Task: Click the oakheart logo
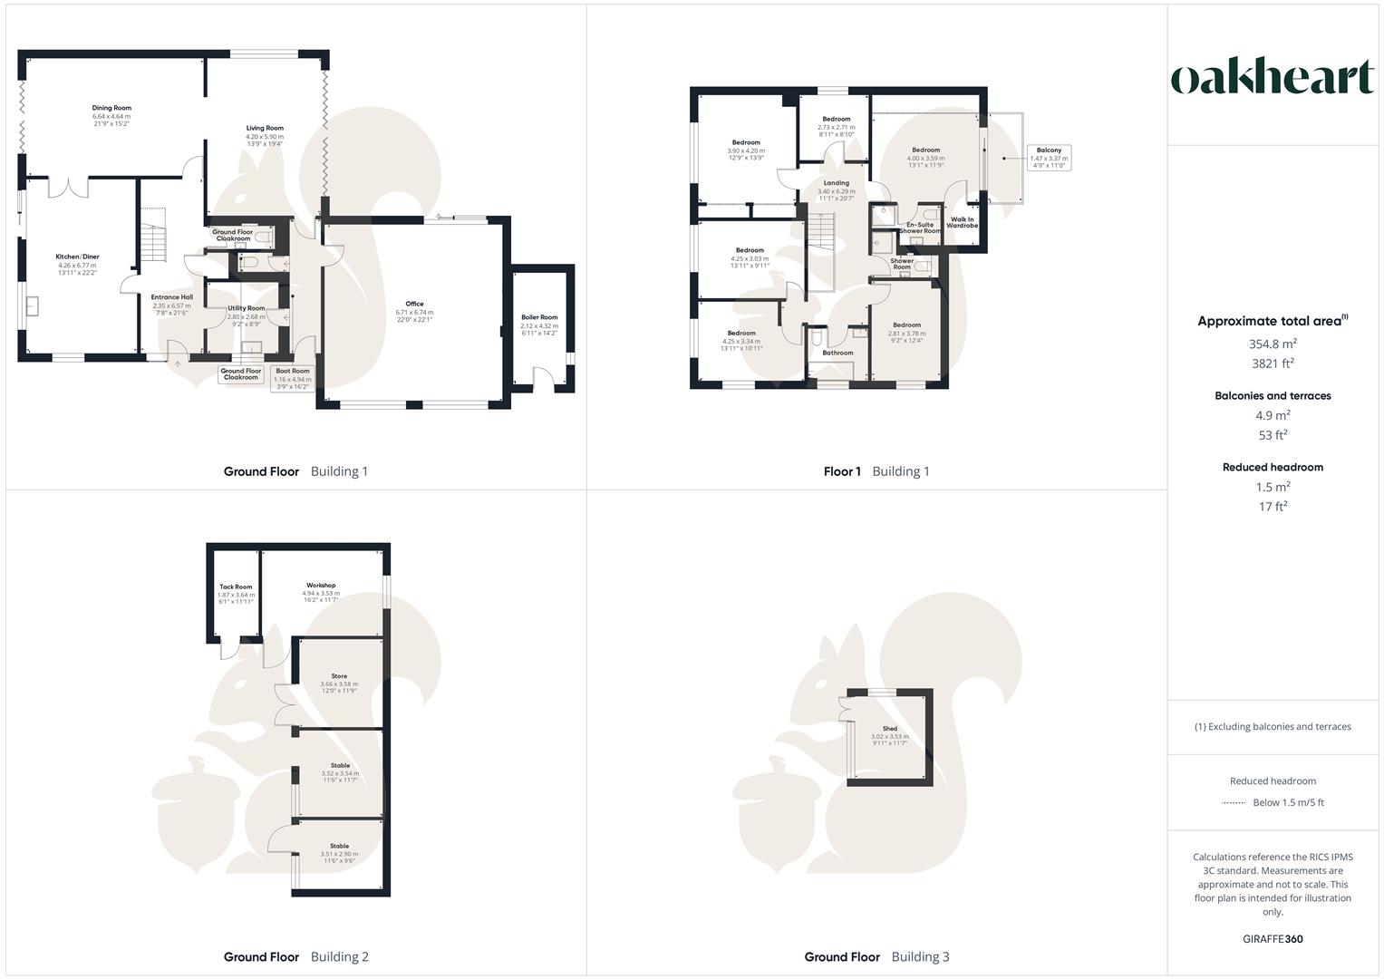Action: (1273, 78)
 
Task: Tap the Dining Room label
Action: (111, 108)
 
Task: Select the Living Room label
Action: (265, 129)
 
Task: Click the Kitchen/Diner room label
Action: (77, 257)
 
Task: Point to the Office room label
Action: (414, 305)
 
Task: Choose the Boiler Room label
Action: (539, 317)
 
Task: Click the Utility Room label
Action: (246, 309)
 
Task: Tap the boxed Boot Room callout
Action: (292, 378)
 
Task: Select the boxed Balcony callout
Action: (1049, 157)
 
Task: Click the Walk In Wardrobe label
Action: (962, 222)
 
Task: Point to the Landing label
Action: (836, 184)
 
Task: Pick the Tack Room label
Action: (236, 587)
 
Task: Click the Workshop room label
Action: (321, 586)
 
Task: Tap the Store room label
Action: (339, 676)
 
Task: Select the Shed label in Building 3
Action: (889, 729)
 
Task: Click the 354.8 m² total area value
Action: (1273, 344)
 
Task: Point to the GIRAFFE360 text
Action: (1273, 939)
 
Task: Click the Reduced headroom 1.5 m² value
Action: (1273, 487)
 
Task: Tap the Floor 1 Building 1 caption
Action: (876, 471)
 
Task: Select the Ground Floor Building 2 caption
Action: (295, 957)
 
